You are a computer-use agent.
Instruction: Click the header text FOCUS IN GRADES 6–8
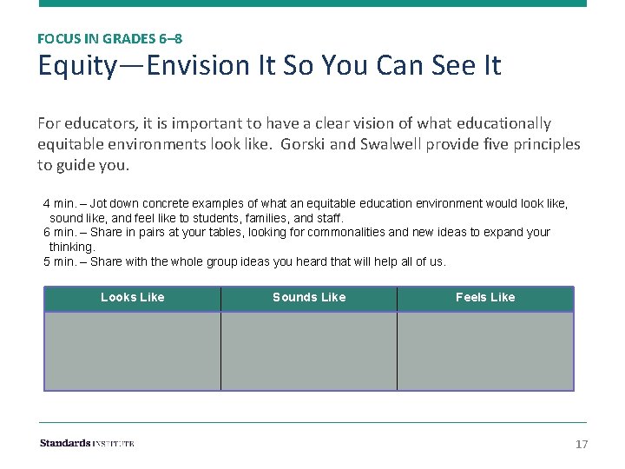coord(109,38)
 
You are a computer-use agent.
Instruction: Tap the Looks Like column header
coord(132,298)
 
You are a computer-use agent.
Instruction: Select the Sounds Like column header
coord(309,298)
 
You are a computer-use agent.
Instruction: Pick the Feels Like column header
coord(485,298)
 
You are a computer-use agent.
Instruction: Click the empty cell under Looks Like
coord(132,351)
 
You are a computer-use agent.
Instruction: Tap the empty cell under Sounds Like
coord(309,351)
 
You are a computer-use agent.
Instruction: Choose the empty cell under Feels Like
coord(485,351)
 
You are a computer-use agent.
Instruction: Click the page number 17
coord(582,445)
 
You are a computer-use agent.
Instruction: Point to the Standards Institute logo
coord(87,444)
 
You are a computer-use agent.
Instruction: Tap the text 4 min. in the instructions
coord(61,203)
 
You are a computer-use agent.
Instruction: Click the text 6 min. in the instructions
coord(61,233)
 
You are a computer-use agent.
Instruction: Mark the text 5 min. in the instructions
coord(61,261)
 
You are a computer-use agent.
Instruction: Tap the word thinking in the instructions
coord(71,247)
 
